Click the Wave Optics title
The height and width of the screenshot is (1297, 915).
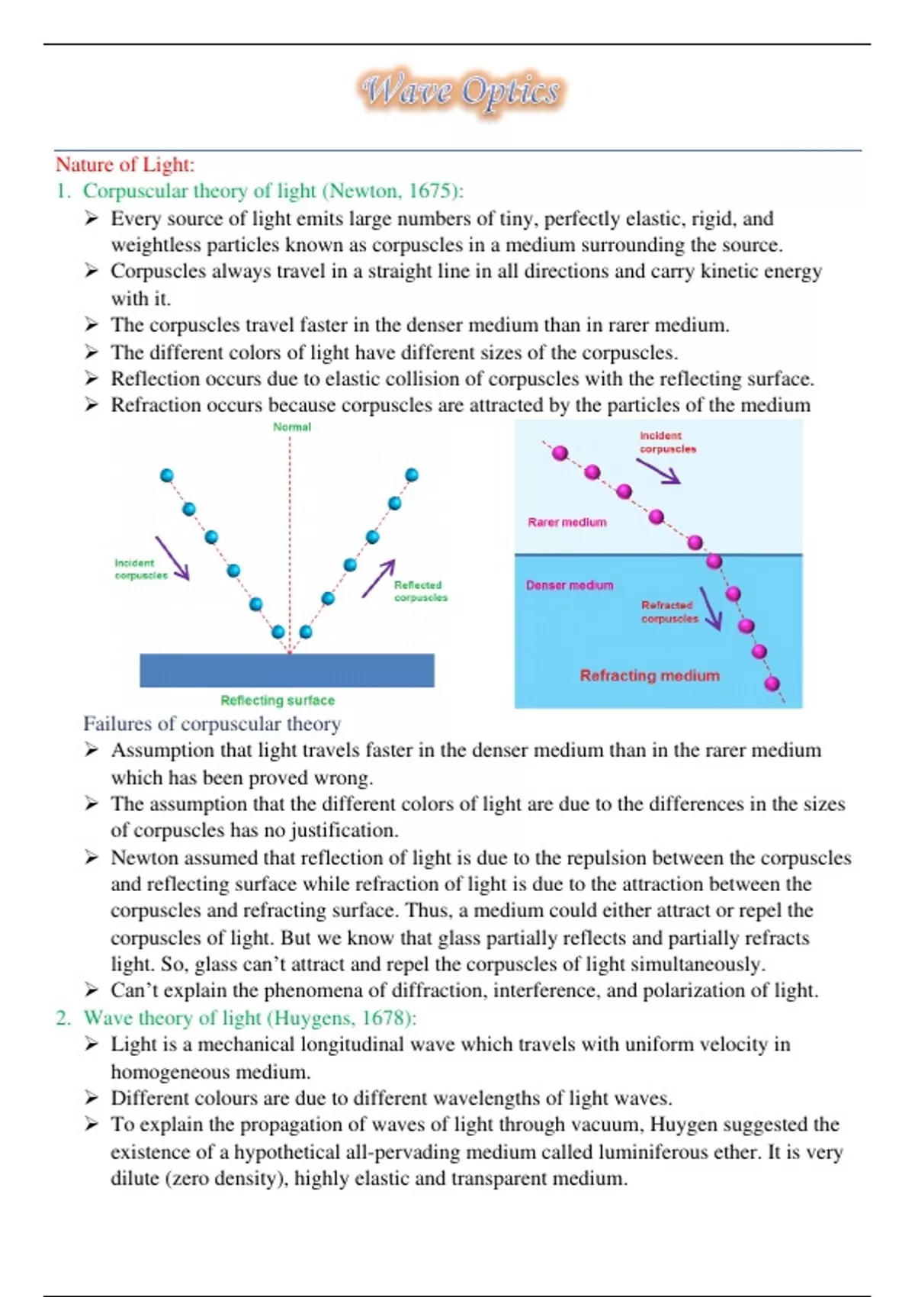[461, 92]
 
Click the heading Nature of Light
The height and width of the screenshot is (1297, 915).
[125, 164]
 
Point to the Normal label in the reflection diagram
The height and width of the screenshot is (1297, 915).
[292, 427]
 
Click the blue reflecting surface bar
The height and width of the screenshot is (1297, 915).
[287, 671]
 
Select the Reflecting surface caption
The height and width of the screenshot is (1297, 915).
[278, 700]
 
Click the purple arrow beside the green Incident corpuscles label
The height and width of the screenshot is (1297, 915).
[173, 558]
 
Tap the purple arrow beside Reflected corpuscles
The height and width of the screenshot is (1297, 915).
[378, 578]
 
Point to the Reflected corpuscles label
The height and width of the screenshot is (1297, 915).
[420, 591]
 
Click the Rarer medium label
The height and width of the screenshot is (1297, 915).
[567, 523]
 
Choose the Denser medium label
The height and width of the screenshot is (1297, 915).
[570, 585]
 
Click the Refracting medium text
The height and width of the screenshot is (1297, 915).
[650, 676]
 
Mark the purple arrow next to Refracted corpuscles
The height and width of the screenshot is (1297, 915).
[711, 608]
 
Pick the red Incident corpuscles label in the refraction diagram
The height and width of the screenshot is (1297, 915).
[667, 443]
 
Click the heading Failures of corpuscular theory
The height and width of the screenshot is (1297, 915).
[212, 724]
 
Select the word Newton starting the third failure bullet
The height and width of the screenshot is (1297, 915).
[146, 858]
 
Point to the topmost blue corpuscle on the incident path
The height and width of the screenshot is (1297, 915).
[167, 476]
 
